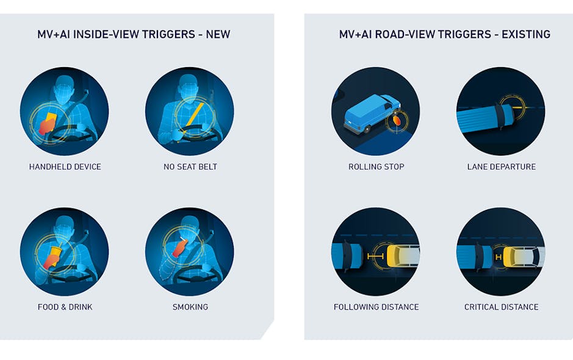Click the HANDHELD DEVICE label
[x=65, y=167]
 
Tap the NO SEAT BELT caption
[x=190, y=167]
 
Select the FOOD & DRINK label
[x=65, y=307]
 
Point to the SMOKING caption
[x=190, y=307]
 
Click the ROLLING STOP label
[x=376, y=167]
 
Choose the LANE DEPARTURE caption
[x=501, y=167]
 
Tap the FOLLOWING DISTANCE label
[x=376, y=307]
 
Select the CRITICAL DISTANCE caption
[x=501, y=307]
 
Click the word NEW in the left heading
[x=218, y=34]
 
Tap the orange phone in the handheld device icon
[x=47, y=124]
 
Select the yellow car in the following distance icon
[x=403, y=256]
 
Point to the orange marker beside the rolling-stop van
[x=397, y=121]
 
